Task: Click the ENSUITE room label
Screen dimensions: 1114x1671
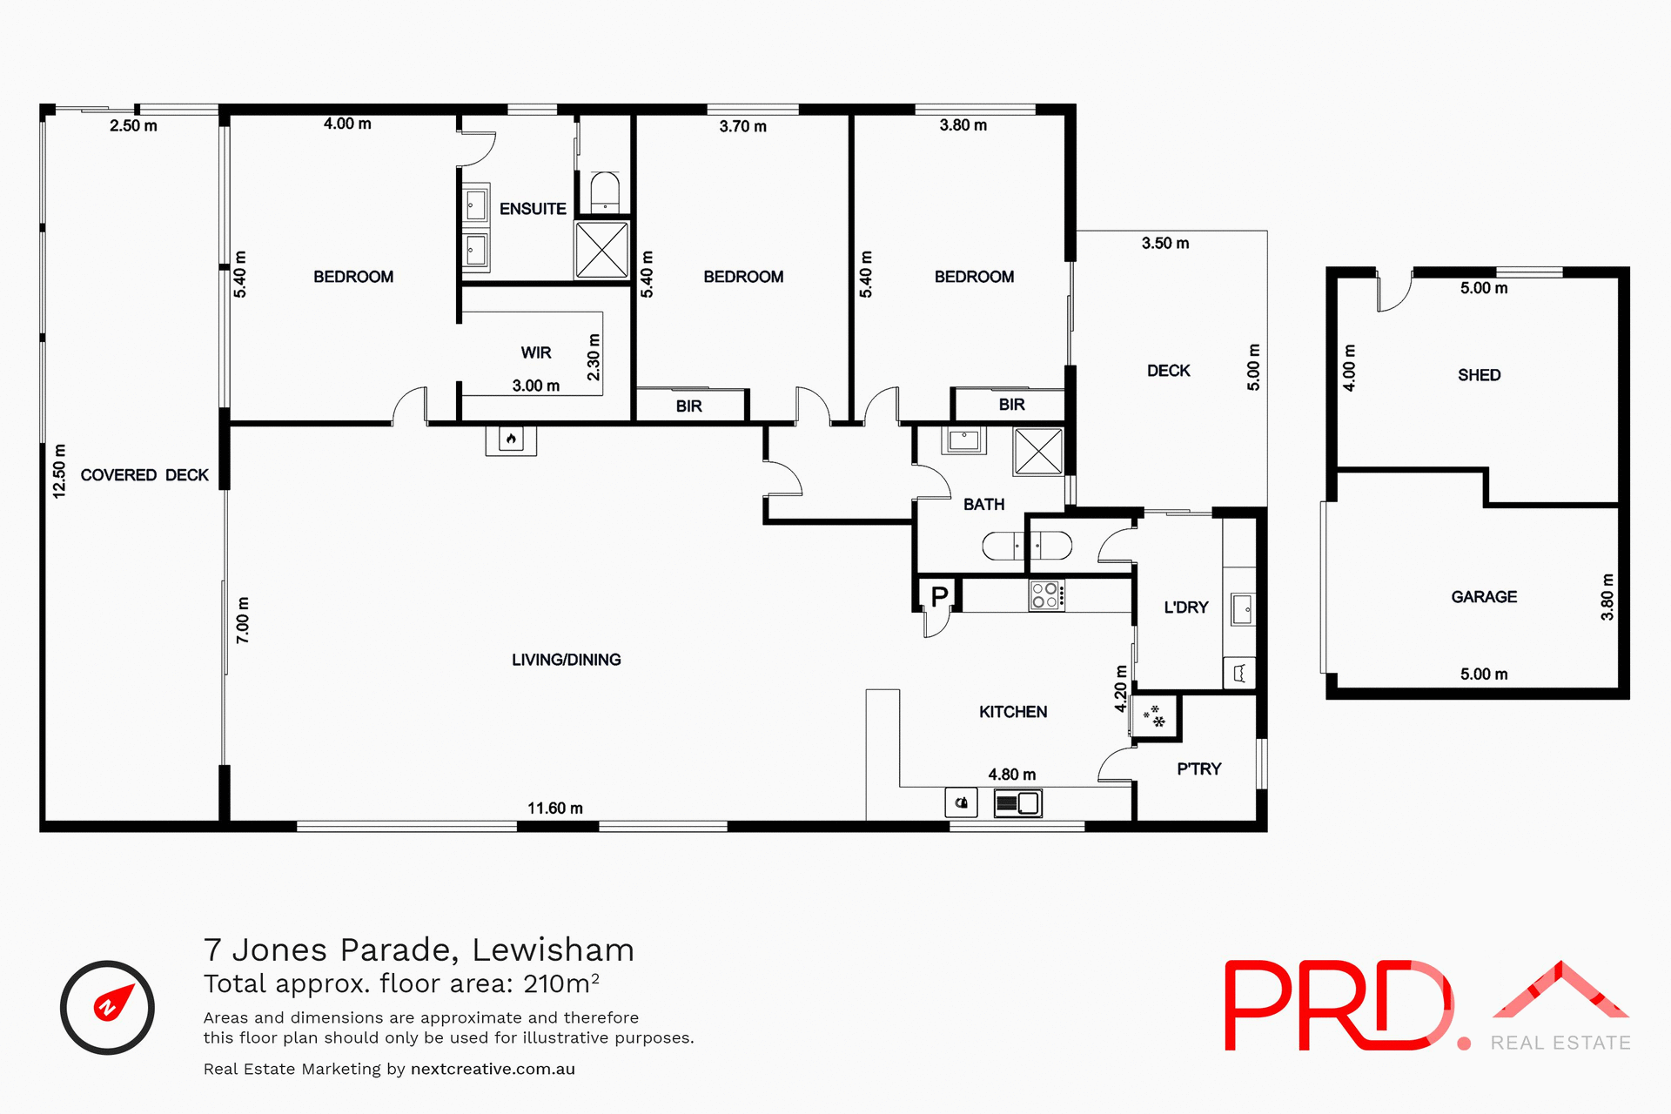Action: (x=533, y=209)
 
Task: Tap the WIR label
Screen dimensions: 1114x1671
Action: (x=536, y=352)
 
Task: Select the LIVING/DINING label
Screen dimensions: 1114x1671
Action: (x=566, y=660)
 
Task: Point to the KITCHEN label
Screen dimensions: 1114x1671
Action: (x=1013, y=712)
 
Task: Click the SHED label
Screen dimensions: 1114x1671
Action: (x=1479, y=375)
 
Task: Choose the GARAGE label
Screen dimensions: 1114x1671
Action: (x=1484, y=597)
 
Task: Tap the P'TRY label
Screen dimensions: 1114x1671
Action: (x=1198, y=769)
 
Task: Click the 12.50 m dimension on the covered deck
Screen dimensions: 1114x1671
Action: (x=59, y=471)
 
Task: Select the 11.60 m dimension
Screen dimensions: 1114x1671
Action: (x=555, y=809)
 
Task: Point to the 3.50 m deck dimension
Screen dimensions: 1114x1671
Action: (x=1165, y=244)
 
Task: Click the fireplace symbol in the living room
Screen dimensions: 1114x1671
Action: (x=511, y=440)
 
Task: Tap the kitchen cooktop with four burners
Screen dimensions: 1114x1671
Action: (x=1045, y=595)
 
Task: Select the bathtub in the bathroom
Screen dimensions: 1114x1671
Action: (x=1027, y=547)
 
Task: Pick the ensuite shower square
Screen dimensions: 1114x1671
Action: (x=601, y=250)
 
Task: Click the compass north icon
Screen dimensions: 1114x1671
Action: (x=107, y=1007)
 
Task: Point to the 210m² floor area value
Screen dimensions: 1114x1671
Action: (x=561, y=983)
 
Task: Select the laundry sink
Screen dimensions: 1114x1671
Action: (x=1243, y=609)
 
